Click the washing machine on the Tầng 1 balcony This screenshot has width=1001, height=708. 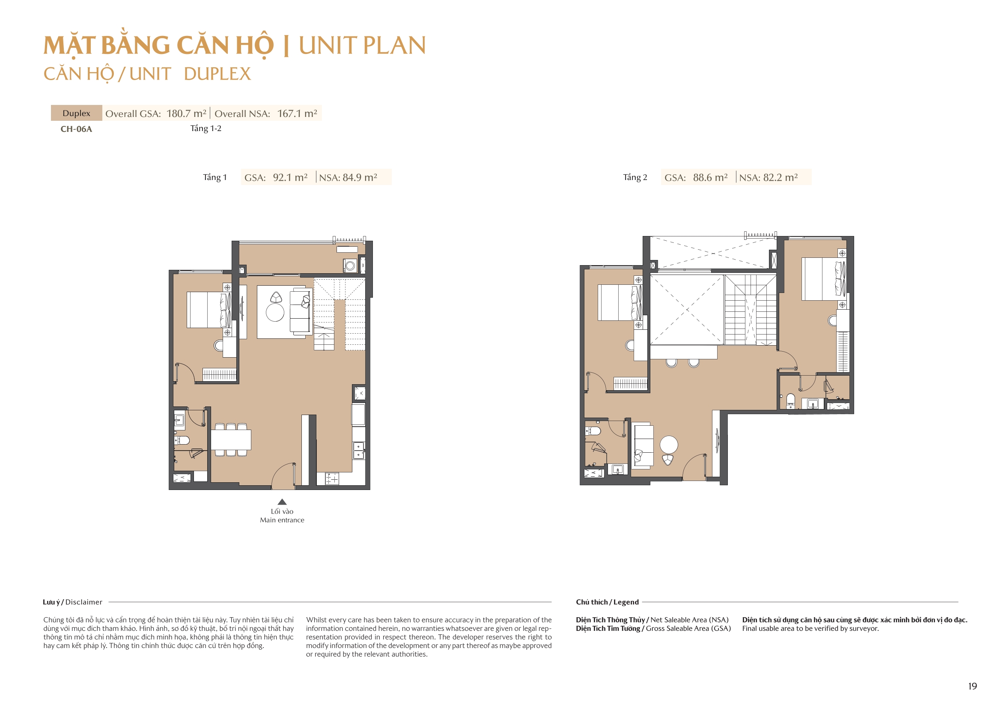point(350,265)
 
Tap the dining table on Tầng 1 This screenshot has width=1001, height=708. point(231,440)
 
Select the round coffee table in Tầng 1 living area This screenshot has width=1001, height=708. point(275,313)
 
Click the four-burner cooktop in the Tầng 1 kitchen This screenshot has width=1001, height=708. point(332,478)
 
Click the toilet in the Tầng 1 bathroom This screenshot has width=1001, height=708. point(183,440)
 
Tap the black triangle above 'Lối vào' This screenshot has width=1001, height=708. point(282,502)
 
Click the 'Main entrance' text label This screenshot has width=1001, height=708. point(282,520)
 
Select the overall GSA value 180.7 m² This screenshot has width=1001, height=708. point(186,114)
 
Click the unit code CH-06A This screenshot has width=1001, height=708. point(76,129)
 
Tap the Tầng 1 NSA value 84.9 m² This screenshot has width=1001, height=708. point(360,178)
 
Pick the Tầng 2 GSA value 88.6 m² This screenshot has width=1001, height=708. point(710,178)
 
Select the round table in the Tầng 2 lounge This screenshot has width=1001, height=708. point(669,445)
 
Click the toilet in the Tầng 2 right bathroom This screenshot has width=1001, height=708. point(790,400)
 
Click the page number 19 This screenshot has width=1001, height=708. point(972,686)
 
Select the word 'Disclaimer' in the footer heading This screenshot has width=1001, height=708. point(84,602)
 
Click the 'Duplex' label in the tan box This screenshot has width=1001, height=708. point(76,114)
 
